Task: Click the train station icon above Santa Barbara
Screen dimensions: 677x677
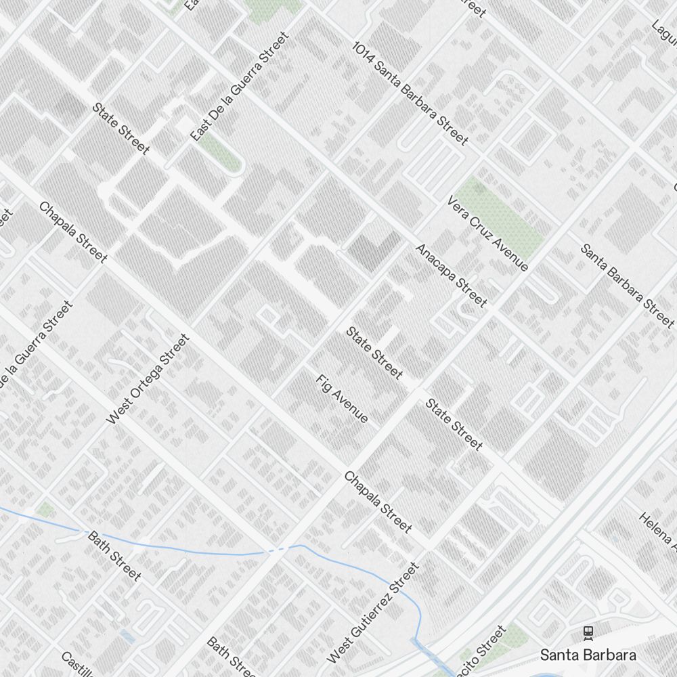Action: pos(588,633)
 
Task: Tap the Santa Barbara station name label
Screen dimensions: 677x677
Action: pos(588,655)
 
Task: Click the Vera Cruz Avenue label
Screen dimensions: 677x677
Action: pos(487,234)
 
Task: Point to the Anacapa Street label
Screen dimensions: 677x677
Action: pos(451,275)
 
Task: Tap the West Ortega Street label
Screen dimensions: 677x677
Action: pos(148,380)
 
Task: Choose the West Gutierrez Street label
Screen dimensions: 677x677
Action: pos(373,613)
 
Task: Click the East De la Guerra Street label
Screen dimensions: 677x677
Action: pos(240,86)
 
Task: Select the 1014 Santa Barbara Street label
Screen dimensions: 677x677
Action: pos(410,93)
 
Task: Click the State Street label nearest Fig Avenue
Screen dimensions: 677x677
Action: pos(374,353)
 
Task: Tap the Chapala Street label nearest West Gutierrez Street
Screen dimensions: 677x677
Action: pos(378,502)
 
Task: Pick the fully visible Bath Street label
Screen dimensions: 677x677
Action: pos(114,556)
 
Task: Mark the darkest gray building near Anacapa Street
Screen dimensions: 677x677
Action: pos(373,249)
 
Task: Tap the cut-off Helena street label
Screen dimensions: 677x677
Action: pos(657,529)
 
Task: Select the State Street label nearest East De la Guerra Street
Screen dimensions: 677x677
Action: pos(121,128)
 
